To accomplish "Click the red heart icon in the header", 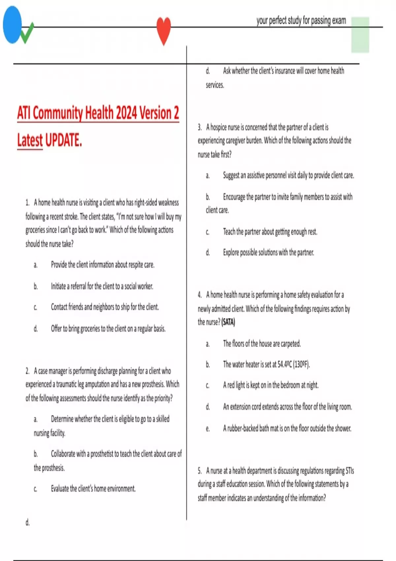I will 164,30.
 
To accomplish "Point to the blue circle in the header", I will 12,25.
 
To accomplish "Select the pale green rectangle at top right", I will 360,35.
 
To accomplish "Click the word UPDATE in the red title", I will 63,140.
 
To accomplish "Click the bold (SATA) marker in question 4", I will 228,322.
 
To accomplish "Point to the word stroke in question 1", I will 70,216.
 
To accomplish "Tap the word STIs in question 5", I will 349,471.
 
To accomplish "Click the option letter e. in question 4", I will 208,429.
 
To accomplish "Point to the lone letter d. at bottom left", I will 27,522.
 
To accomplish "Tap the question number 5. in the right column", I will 200,471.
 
